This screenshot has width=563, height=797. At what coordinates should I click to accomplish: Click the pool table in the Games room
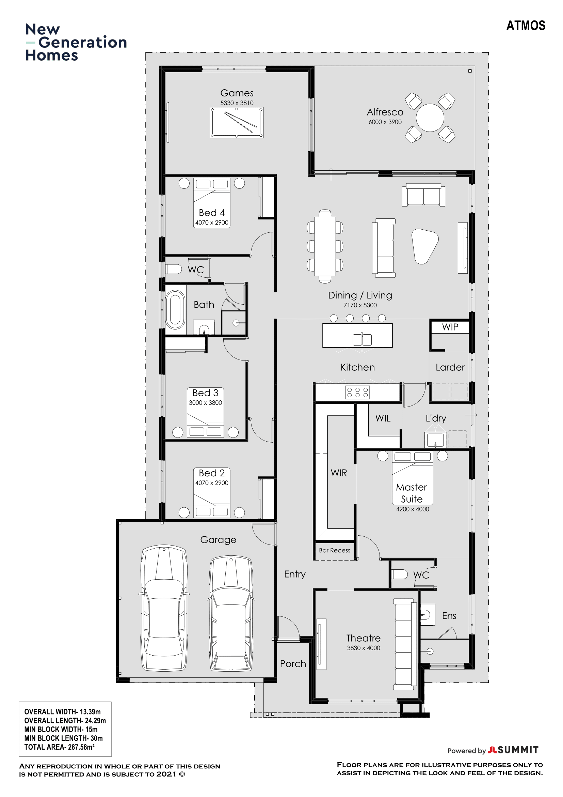pyautogui.click(x=237, y=123)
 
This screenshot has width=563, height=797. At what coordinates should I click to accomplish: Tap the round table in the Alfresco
pyautogui.click(x=430, y=118)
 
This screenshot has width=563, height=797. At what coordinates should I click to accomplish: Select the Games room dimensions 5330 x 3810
pyautogui.click(x=237, y=103)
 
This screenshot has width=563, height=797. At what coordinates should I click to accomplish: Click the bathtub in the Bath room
pyautogui.click(x=175, y=309)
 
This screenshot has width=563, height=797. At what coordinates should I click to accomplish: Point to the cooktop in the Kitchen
pyautogui.click(x=357, y=393)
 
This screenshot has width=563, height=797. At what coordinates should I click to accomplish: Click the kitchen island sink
pyautogui.click(x=362, y=339)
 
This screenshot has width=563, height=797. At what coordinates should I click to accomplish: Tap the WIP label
pyautogui.click(x=450, y=327)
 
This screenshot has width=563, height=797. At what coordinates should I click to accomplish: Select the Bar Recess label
pyautogui.click(x=335, y=550)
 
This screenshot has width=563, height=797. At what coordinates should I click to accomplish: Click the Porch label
pyautogui.click(x=293, y=663)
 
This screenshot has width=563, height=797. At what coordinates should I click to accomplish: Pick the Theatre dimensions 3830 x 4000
pyautogui.click(x=364, y=648)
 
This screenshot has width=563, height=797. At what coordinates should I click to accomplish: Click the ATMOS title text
pyautogui.click(x=526, y=25)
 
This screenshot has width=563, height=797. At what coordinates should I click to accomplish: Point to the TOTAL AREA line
pyautogui.click(x=59, y=747)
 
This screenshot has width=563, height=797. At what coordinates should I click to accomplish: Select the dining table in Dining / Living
pyautogui.click(x=325, y=246)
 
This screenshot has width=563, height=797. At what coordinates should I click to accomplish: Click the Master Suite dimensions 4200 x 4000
pyautogui.click(x=413, y=509)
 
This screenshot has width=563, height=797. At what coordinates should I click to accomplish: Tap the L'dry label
pyautogui.click(x=436, y=418)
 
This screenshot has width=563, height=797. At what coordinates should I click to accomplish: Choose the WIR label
pyautogui.click(x=339, y=473)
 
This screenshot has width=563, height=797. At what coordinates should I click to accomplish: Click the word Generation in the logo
pyautogui.click(x=82, y=42)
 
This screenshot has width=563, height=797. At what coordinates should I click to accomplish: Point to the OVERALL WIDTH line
pyautogui.click(x=62, y=711)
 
